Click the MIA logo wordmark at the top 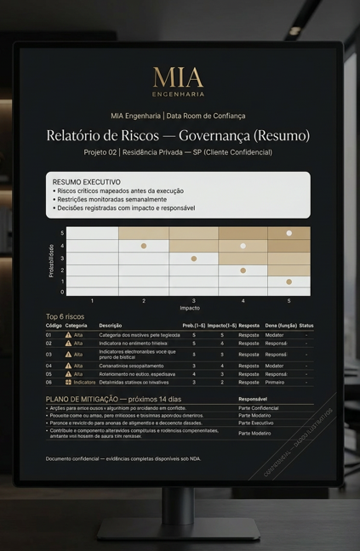(x=178, y=77)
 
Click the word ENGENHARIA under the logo (x=178, y=94)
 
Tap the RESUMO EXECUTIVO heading (x=86, y=182)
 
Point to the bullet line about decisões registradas (x=123, y=207)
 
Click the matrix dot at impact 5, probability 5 (x=289, y=233)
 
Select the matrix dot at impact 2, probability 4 (x=144, y=246)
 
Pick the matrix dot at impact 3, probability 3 (x=193, y=258)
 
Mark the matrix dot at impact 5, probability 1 (x=289, y=281)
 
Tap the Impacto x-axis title (x=189, y=307)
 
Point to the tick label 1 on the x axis (x=92, y=300)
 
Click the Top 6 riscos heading (x=66, y=316)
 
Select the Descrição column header (x=111, y=325)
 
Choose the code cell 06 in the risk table (x=49, y=382)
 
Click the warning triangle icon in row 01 (x=68, y=335)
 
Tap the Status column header (x=306, y=325)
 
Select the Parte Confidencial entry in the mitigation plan (x=258, y=408)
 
